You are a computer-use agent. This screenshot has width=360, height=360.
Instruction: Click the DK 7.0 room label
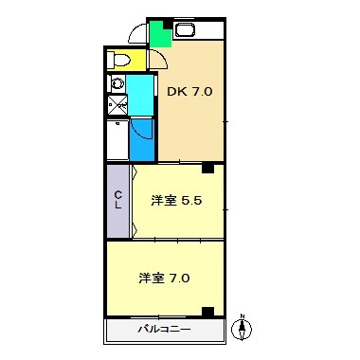pos(190,92)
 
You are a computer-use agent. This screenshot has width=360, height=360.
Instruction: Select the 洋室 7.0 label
pos(165,279)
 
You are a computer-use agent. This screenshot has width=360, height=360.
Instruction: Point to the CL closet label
pos(118,200)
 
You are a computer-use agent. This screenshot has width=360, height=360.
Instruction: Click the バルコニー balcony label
pos(164,330)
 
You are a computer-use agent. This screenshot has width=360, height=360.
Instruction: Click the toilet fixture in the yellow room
pos(119,60)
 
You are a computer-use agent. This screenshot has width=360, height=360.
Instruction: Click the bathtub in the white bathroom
pos(117,140)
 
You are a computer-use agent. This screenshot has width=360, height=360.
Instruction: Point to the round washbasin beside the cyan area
pos(117,83)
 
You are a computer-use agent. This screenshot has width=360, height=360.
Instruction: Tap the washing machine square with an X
pos(117,105)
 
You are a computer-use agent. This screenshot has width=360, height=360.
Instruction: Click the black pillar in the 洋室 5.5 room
pos(206,169)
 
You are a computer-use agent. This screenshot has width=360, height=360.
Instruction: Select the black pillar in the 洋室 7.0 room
pos(207,311)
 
